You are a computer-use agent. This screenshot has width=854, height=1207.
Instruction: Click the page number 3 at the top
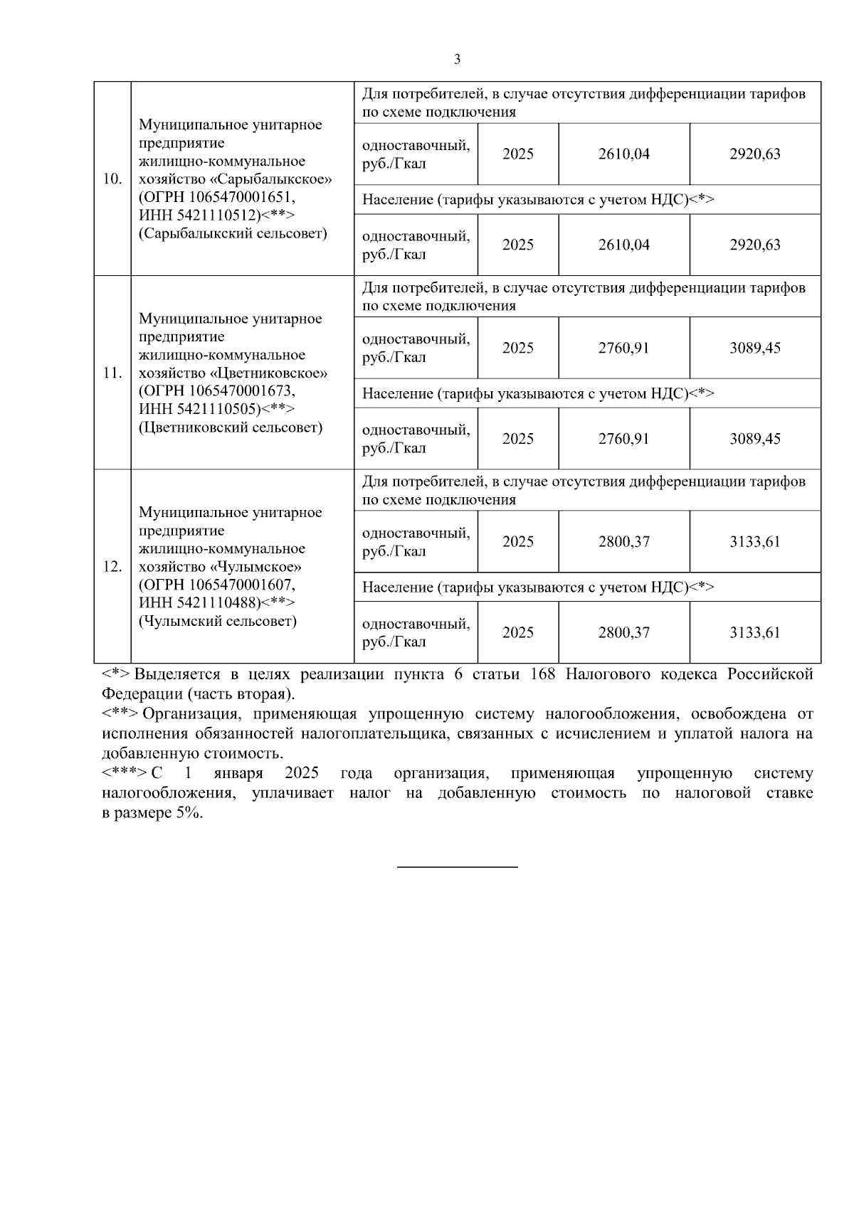pyautogui.click(x=457, y=60)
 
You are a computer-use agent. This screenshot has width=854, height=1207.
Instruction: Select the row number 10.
pyautogui.click(x=112, y=179)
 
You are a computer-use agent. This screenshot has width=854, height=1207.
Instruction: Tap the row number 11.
pyautogui.click(x=112, y=373)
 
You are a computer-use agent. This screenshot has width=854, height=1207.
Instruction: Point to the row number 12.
pyautogui.click(x=112, y=567)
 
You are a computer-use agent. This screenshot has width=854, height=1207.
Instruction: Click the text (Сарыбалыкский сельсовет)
pyautogui.click(x=233, y=233)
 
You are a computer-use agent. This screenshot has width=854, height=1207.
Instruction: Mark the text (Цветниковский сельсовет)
pyautogui.click(x=231, y=427)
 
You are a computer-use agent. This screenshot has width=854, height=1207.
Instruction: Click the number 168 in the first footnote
pyautogui.click(x=544, y=674)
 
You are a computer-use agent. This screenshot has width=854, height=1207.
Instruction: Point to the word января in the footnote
pyautogui.click(x=238, y=773)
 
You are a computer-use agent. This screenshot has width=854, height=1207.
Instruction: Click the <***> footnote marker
pyautogui.click(x=125, y=773)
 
